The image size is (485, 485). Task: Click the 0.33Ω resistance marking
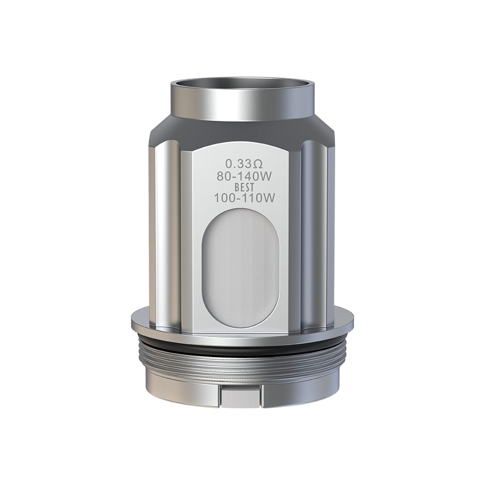(x=244, y=163)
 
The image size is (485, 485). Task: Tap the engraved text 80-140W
(x=244, y=177)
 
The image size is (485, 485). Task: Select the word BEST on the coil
(x=244, y=187)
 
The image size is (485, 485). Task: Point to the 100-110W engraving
(x=244, y=198)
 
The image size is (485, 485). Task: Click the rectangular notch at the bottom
(x=241, y=396)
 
